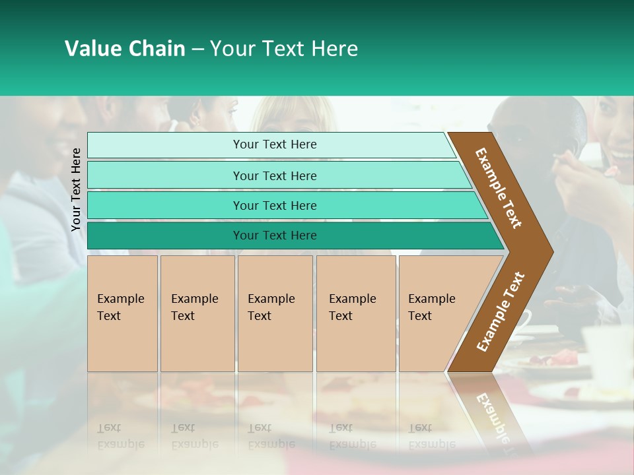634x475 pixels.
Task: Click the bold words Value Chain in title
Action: click(x=125, y=49)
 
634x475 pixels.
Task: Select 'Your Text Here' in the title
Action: click(x=284, y=49)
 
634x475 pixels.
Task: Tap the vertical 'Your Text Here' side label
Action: click(x=76, y=189)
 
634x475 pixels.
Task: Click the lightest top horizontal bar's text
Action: click(x=275, y=144)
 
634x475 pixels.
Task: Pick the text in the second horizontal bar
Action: click(x=275, y=176)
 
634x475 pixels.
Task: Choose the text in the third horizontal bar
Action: click(x=275, y=206)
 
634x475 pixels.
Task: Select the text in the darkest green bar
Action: click(x=275, y=236)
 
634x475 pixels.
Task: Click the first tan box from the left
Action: click(x=122, y=313)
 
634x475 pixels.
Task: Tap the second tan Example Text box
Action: click(x=197, y=313)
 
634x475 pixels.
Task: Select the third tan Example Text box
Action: click(x=275, y=313)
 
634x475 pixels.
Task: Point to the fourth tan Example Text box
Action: click(x=356, y=313)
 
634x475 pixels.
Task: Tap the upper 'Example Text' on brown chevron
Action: click(x=499, y=188)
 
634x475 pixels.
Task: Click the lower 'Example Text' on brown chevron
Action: click(x=501, y=311)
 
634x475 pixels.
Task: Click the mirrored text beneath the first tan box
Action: click(x=120, y=436)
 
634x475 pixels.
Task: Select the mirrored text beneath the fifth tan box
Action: click(x=431, y=436)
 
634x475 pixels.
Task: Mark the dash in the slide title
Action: click(x=197, y=49)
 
